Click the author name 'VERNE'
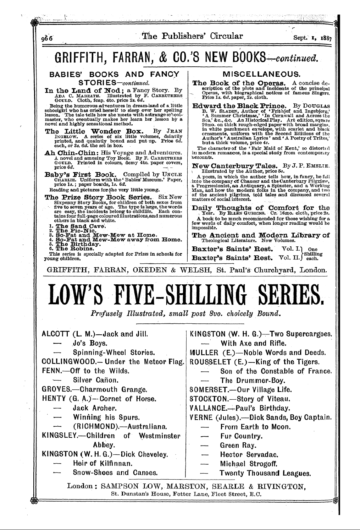click(201, 417)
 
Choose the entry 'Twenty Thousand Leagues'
click(265, 473)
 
